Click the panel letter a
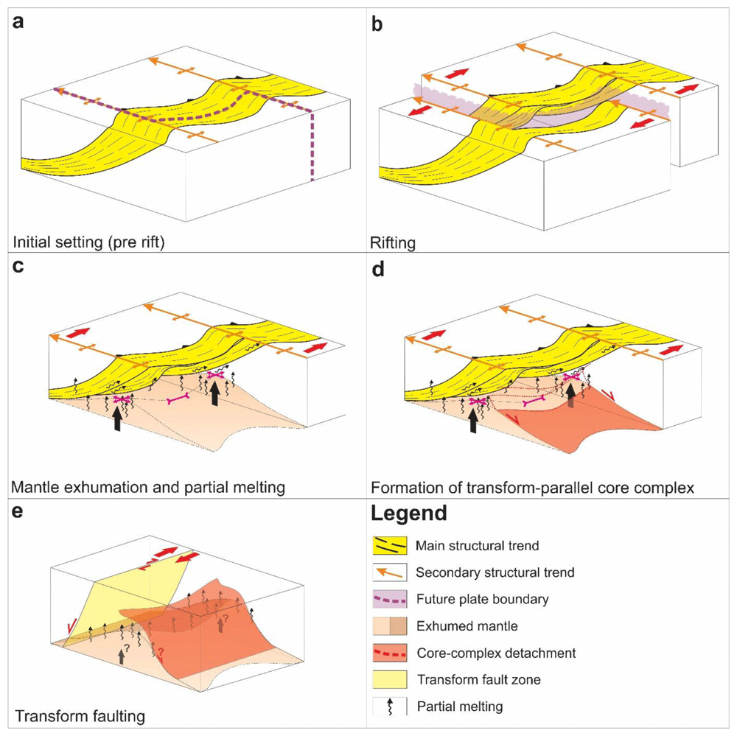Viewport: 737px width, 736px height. (18, 21)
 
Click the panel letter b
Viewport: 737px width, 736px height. (377, 23)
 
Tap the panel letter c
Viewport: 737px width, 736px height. (18, 266)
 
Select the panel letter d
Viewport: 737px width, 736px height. (377, 268)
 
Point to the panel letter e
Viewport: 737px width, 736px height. (18, 511)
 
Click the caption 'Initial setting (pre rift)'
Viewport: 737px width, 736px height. (88, 242)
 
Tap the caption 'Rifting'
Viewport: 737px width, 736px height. (393, 243)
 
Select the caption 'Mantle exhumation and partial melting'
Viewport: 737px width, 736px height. (148, 488)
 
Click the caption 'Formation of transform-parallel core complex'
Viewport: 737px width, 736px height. (533, 488)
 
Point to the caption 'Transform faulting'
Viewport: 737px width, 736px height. (80, 716)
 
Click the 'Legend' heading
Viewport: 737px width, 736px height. (409, 514)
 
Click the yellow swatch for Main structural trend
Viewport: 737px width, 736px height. (390, 546)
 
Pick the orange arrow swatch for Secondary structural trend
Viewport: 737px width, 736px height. (390, 572)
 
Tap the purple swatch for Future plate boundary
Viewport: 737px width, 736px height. (390, 599)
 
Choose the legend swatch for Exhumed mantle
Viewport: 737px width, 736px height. (390, 626)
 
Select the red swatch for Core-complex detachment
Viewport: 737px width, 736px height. (390, 653)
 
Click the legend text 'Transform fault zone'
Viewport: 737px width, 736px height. (479, 679)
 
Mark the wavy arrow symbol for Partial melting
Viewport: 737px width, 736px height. (390, 707)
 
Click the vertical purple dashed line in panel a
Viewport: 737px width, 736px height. (312, 145)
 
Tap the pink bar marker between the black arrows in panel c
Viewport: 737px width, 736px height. (179, 399)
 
